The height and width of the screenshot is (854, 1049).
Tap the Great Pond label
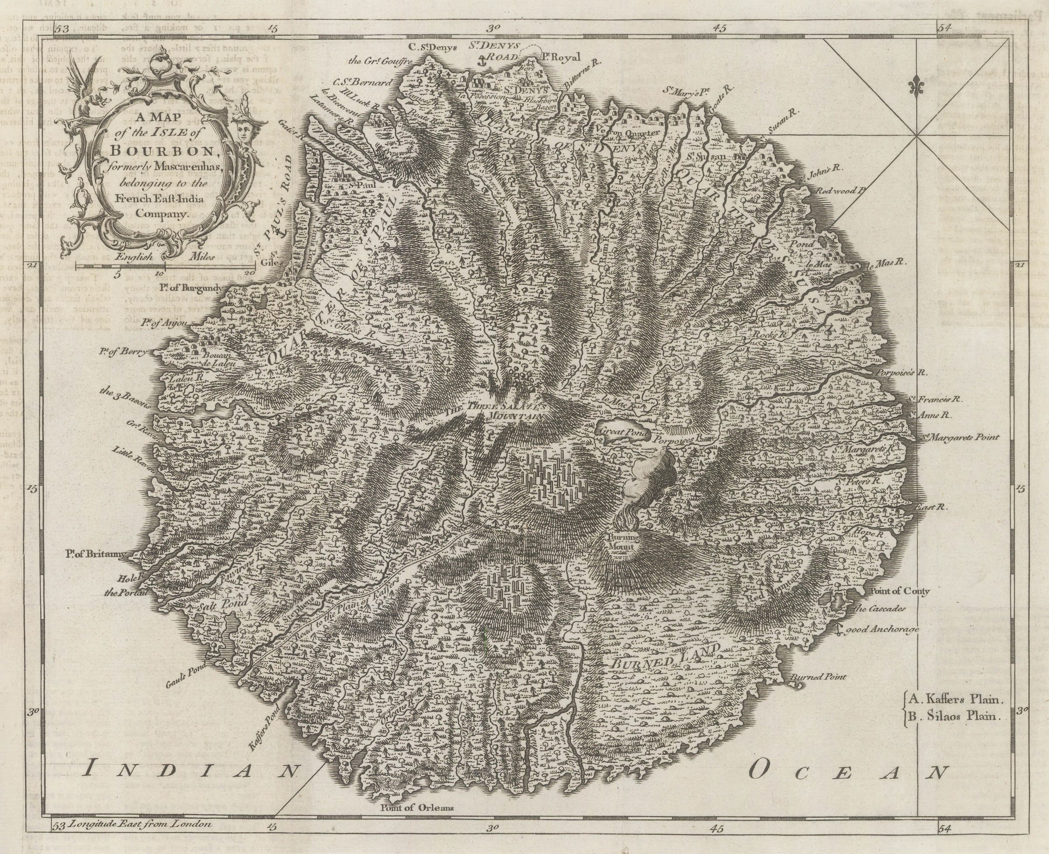point(622,431)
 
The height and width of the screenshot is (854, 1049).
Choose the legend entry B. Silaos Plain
point(954,716)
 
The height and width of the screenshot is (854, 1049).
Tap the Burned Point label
point(818,677)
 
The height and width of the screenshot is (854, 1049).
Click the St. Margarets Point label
point(958,437)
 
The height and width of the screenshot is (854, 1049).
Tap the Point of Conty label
point(900,591)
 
